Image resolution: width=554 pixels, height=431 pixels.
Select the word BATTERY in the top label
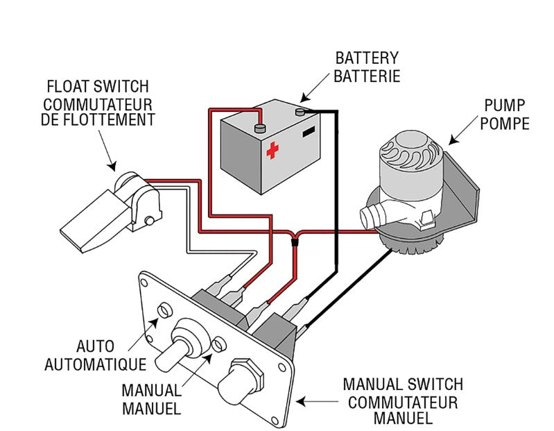pos(367,58)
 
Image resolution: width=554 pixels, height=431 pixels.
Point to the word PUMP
pos(505,107)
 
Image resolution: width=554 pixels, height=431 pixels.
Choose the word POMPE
pos(505,124)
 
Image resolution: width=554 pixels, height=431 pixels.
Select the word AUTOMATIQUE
pos(95,364)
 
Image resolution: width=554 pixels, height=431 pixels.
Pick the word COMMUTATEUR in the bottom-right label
pos(402,402)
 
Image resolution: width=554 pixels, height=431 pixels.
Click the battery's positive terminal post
pos(260,128)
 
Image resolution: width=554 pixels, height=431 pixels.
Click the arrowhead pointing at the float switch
pos(112,168)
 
